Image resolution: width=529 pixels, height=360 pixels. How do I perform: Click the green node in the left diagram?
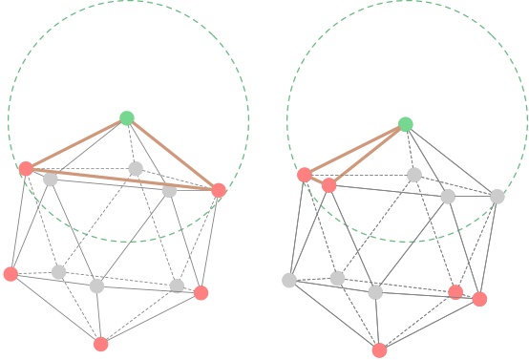[127, 118]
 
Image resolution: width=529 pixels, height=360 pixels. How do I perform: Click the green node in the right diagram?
[406, 124]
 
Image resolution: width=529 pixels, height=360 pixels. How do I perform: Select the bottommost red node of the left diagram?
[101, 344]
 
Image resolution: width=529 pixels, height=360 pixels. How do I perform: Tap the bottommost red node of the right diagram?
[380, 349]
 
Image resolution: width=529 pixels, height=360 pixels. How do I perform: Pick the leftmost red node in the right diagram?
[305, 175]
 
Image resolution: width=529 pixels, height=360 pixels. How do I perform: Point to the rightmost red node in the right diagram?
[479, 299]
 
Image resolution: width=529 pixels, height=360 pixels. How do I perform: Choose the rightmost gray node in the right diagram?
[497, 197]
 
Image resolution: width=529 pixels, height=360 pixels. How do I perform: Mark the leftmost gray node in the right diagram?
[289, 280]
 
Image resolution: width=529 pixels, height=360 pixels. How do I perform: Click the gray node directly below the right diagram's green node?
[414, 175]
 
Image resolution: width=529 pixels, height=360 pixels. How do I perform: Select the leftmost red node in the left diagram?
[11, 274]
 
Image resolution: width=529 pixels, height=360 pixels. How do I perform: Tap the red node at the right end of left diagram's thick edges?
[219, 190]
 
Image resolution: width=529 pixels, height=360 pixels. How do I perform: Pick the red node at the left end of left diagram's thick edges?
[26, 169]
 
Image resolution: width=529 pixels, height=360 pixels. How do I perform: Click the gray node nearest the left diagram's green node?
[136, 169]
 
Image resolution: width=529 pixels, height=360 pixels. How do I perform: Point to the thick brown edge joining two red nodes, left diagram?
[122, 180]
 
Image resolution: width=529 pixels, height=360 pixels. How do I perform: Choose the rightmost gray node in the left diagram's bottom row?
[177, 286]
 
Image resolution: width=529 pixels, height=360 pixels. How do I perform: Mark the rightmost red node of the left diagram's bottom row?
[201, 292]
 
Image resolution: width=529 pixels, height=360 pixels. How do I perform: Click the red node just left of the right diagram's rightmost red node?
[455, 292]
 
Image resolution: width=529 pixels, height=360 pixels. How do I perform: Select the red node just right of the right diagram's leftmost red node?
[329, 185]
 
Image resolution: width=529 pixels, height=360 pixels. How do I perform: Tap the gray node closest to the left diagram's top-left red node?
[50, 179]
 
